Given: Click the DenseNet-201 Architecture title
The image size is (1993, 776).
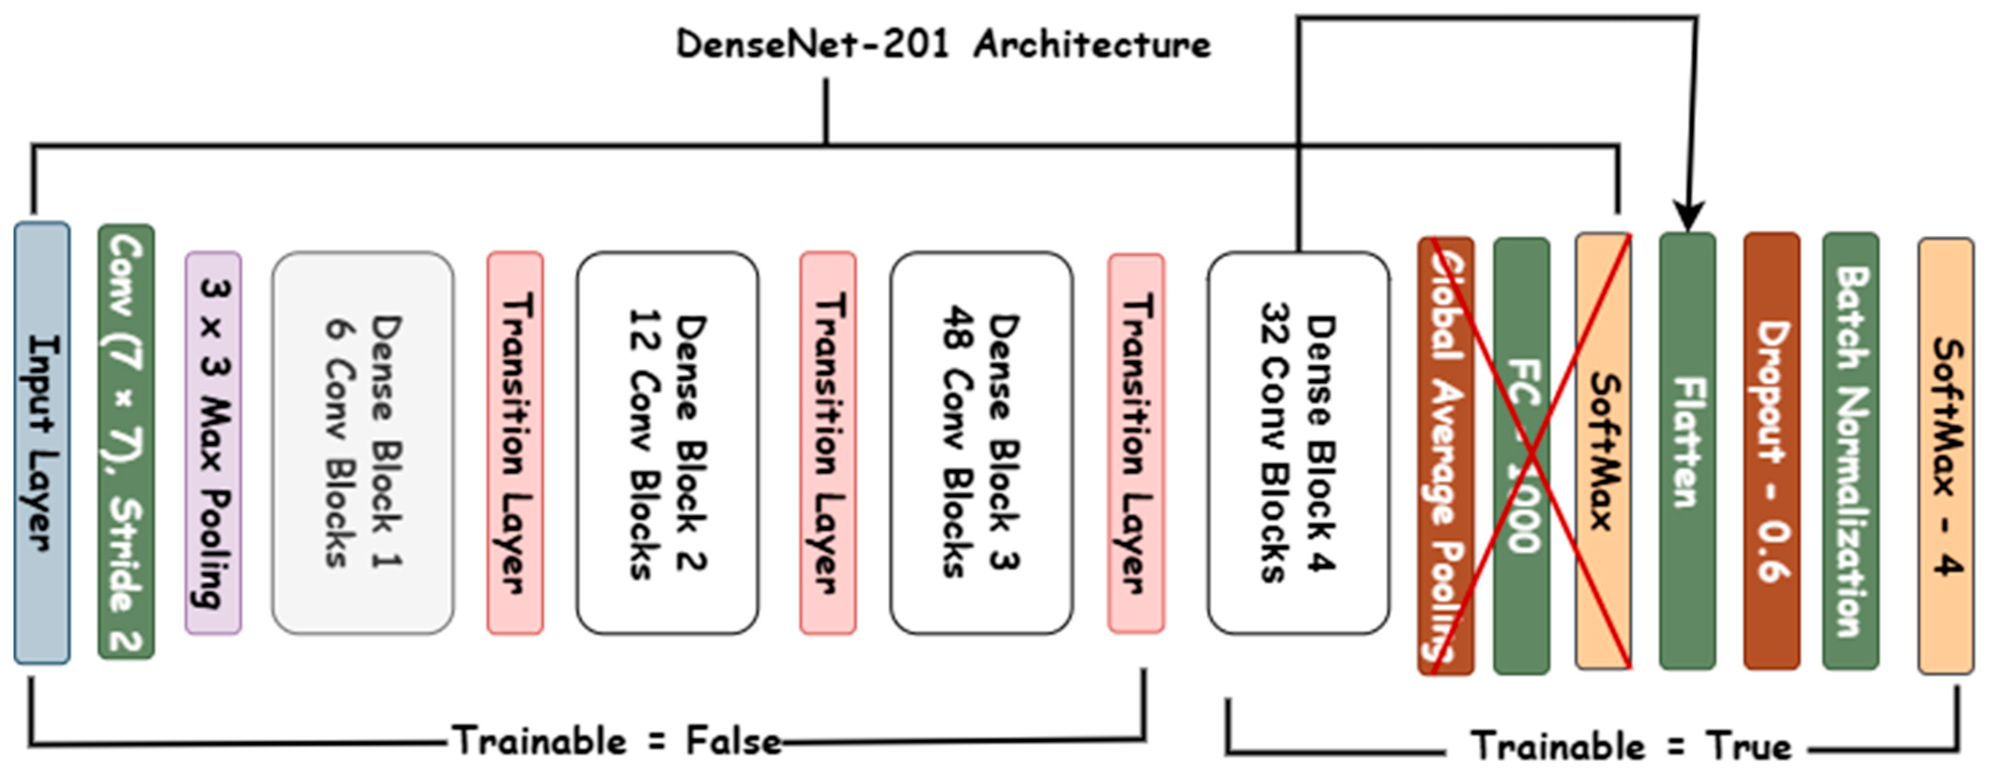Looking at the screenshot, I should pyautogui.click(x=944, y=44).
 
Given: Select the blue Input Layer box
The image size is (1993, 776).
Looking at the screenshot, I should pyautogui.click(x=42, y=443).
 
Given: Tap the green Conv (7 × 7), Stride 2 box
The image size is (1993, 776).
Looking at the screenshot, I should pyautogui.click(x=126, y=443).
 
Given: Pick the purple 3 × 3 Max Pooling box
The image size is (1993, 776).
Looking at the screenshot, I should pyautogui.click(x=213, y=443).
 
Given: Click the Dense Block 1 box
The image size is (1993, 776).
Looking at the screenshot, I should pyautogui.click(x=363, y=443).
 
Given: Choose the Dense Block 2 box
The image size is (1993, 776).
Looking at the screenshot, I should pyautogui.click(x=667, y=443).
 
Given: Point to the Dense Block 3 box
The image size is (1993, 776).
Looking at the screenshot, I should pyautogui.click(x=981, y=443).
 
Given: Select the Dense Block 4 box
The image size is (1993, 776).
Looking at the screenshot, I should pyautogui.click(x=1298, y=443).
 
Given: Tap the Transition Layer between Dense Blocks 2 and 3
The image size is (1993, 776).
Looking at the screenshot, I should pyautogui.click(x=828, y=443).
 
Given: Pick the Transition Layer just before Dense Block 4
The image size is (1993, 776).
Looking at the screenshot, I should pyautogui.click(x=1136, y=443).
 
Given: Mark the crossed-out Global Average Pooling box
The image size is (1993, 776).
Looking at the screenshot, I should pyautogui.click(x=1445, y=457).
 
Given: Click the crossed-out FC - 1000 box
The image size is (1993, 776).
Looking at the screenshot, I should pyautogui.click(x=1521, y=457).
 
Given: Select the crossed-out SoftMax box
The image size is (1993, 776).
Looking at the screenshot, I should pyautogui.click(x=1603, y=452).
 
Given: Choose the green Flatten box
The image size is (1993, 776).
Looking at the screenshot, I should pyautogui.click(x=1687, y=452).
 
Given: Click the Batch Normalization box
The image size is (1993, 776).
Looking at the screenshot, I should pyautogui.click(x=1851, y=452).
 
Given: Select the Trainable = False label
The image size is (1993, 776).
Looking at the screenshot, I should pyautogui.click(x=617, y=741).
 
